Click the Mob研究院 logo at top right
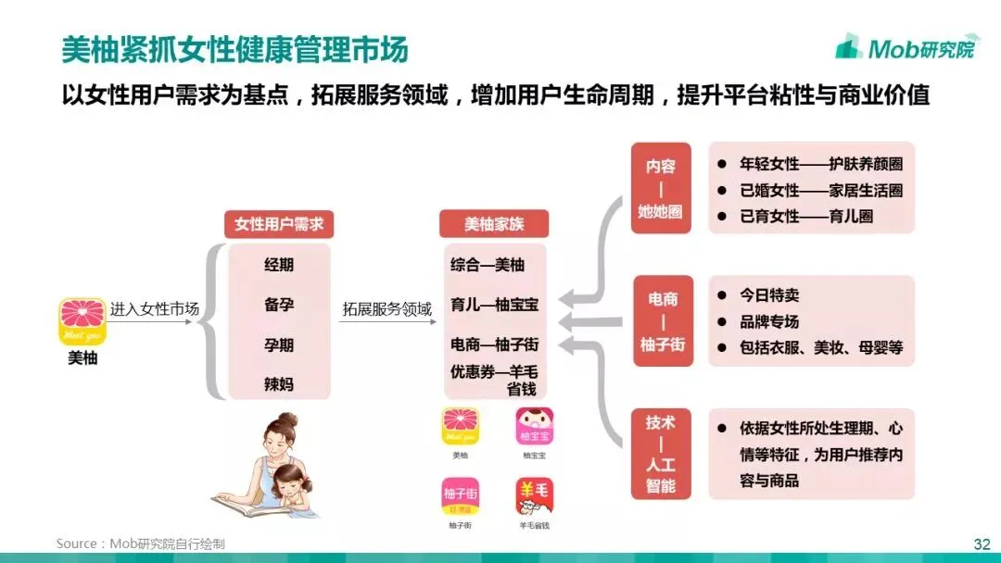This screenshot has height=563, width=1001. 905,48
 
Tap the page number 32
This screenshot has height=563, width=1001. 982,544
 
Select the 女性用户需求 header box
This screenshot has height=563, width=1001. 278,224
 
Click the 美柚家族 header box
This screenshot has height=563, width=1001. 493,224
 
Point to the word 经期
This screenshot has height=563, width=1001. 278,265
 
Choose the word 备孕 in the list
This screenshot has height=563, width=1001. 278,305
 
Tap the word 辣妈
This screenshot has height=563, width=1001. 278,383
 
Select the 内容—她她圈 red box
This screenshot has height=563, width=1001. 661,188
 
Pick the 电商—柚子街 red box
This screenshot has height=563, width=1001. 661,321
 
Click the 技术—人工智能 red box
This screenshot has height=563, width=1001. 661,454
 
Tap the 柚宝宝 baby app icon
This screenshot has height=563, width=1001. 535,427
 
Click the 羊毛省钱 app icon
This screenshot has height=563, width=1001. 535,497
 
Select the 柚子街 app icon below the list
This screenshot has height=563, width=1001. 461,497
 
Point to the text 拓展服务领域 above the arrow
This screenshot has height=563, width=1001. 387,309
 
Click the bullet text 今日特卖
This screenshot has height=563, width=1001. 768,295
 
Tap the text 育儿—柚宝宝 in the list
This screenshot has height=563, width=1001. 494,304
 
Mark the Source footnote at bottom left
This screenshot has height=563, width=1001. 140,544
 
